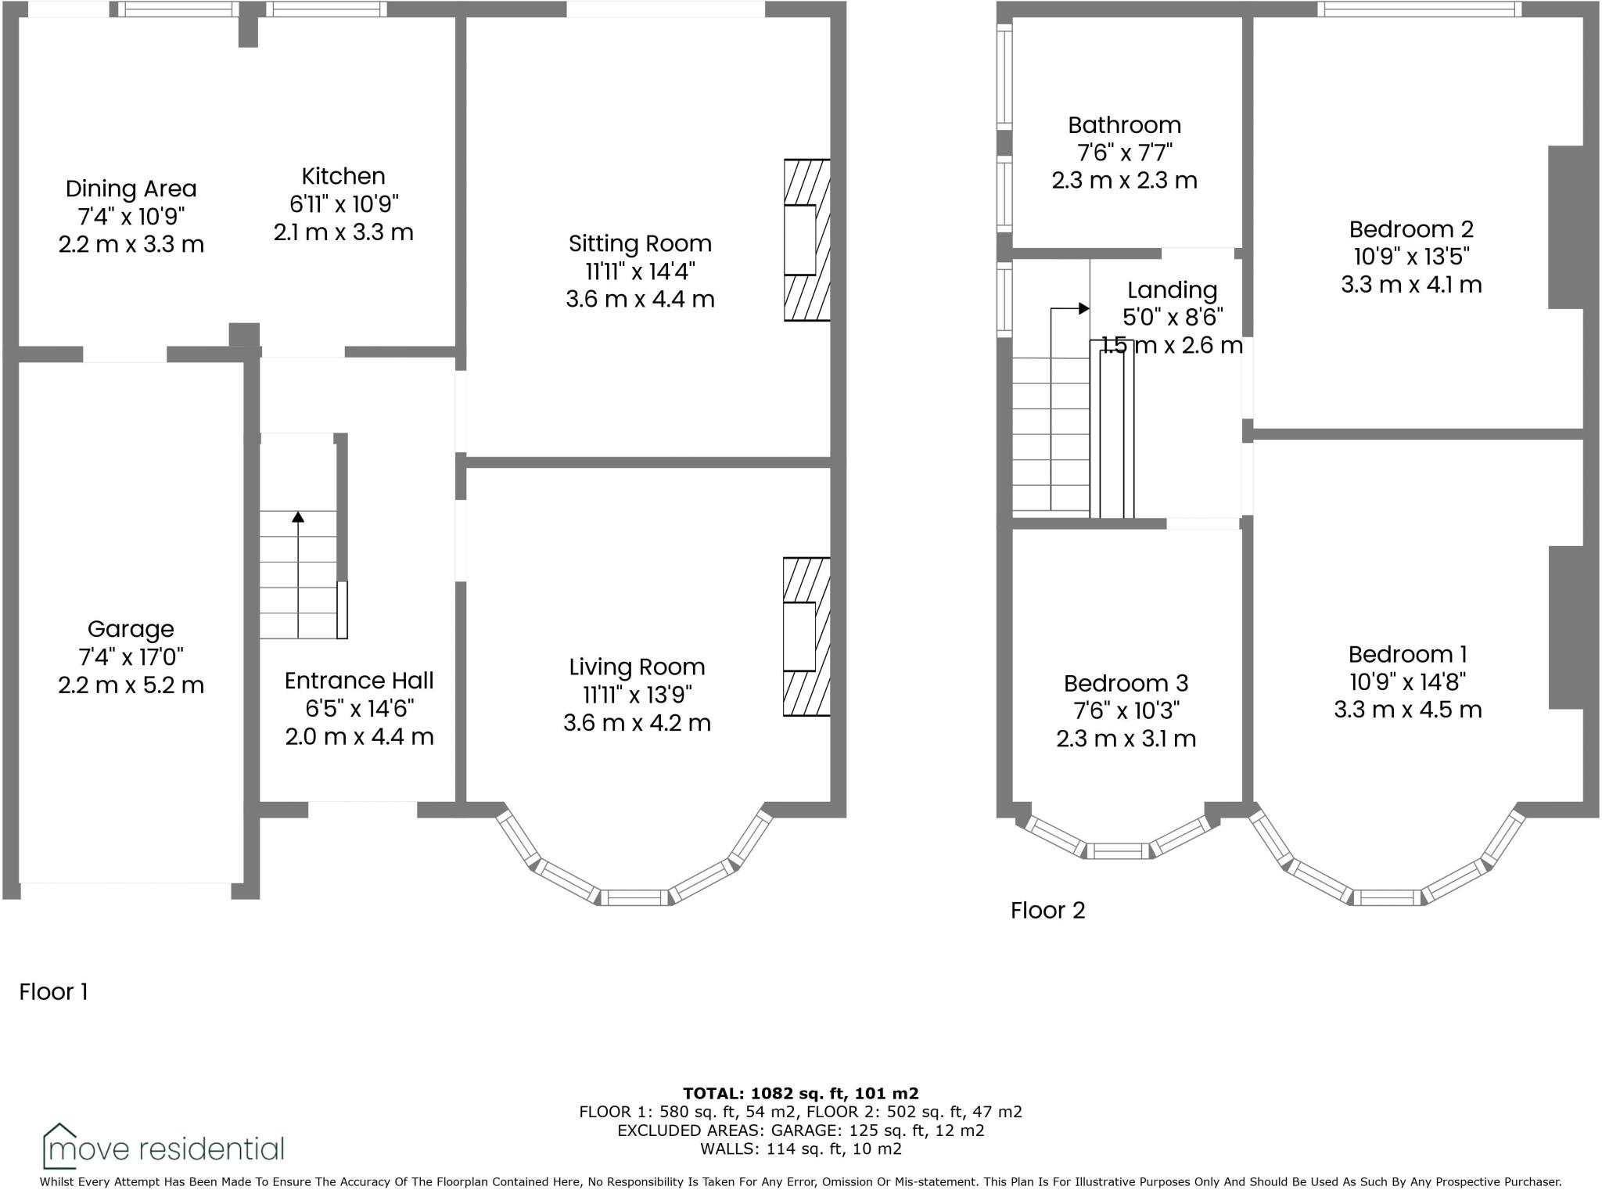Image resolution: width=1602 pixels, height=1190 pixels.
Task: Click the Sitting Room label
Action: [640, 243]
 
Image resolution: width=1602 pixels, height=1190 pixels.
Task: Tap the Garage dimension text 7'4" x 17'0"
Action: [131, 657]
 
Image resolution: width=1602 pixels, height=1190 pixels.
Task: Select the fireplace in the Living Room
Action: [805, 636]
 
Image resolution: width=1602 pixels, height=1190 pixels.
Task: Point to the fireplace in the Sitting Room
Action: [806, 239]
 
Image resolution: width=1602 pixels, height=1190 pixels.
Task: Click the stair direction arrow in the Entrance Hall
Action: [298, 517]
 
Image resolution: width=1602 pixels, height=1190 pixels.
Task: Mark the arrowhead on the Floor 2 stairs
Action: [1083, 308]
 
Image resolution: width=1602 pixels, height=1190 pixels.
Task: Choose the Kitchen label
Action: [343, 176]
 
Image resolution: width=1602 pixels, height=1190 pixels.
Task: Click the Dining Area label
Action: [131, 189]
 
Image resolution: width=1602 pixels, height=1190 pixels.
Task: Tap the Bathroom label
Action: [1124, 125]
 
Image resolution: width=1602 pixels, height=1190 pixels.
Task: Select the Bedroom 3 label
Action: [1126, 683]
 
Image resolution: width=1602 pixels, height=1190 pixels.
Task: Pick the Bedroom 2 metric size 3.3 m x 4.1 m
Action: [1411, 285]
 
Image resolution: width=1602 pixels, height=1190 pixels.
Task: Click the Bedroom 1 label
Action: [1407, 654]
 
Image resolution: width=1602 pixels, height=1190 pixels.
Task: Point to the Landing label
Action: [1172, 290]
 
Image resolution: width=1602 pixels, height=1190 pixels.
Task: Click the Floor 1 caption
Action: [53, 992]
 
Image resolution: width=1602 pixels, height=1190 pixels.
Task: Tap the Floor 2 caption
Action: [1047, 910]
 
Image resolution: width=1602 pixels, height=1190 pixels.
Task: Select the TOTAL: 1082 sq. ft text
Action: [800, 1093]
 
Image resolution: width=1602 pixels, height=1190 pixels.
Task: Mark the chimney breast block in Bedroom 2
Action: [1565, 227]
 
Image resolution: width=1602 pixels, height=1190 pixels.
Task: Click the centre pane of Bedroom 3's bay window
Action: [1118, 851]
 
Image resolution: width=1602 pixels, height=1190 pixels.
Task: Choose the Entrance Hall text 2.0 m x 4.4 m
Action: [359, 736]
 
